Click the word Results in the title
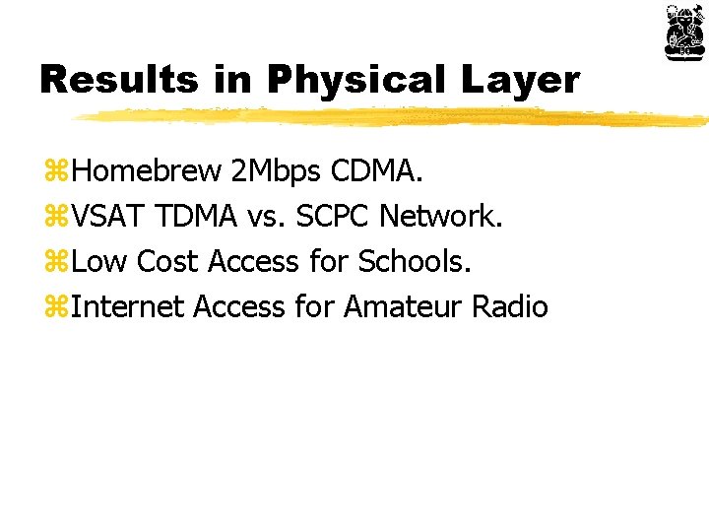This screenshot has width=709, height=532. tap(118, 80)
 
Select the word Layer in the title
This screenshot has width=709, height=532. tap(526, 80)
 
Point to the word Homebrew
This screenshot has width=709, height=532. tap(148, 172)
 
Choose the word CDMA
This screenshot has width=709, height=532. tap(376, 172)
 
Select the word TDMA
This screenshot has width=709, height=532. tap(200, 217)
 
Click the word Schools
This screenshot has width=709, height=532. tap(416, 262)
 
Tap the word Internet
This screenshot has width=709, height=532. tap(128, 306)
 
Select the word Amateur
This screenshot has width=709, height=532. tap(404, 306)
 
